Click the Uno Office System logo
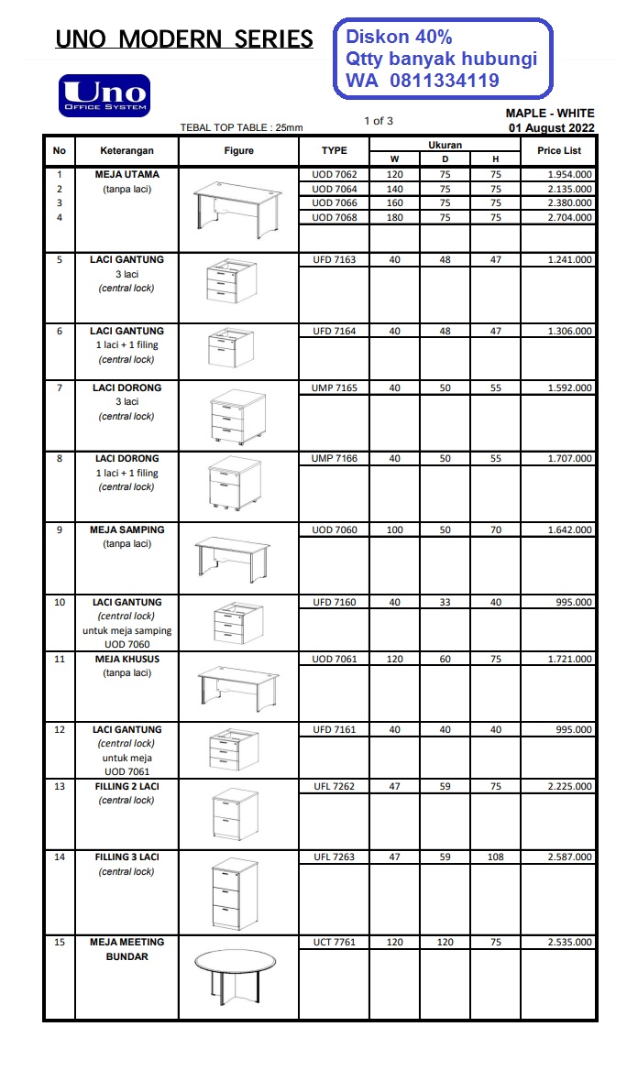(x=104, y=96)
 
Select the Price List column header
(x=558, y=150)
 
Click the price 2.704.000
(x=569, y=217)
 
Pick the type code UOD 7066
(x=335, y=203)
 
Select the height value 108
(x=495, y=857)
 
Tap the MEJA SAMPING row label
(x=127, y=530)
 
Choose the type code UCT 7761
(x=335, y=942)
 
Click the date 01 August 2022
(x=552, y=127)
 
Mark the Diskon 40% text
(x=399, y=38)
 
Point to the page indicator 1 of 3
(x=379, y=121)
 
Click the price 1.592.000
(x=569, y=388)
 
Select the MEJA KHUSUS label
(x=127, y=659)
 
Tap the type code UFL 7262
(x=335, y=786)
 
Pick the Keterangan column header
(x=127, y=150)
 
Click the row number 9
(x=60, y=530)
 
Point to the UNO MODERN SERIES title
(x=184, y=38)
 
